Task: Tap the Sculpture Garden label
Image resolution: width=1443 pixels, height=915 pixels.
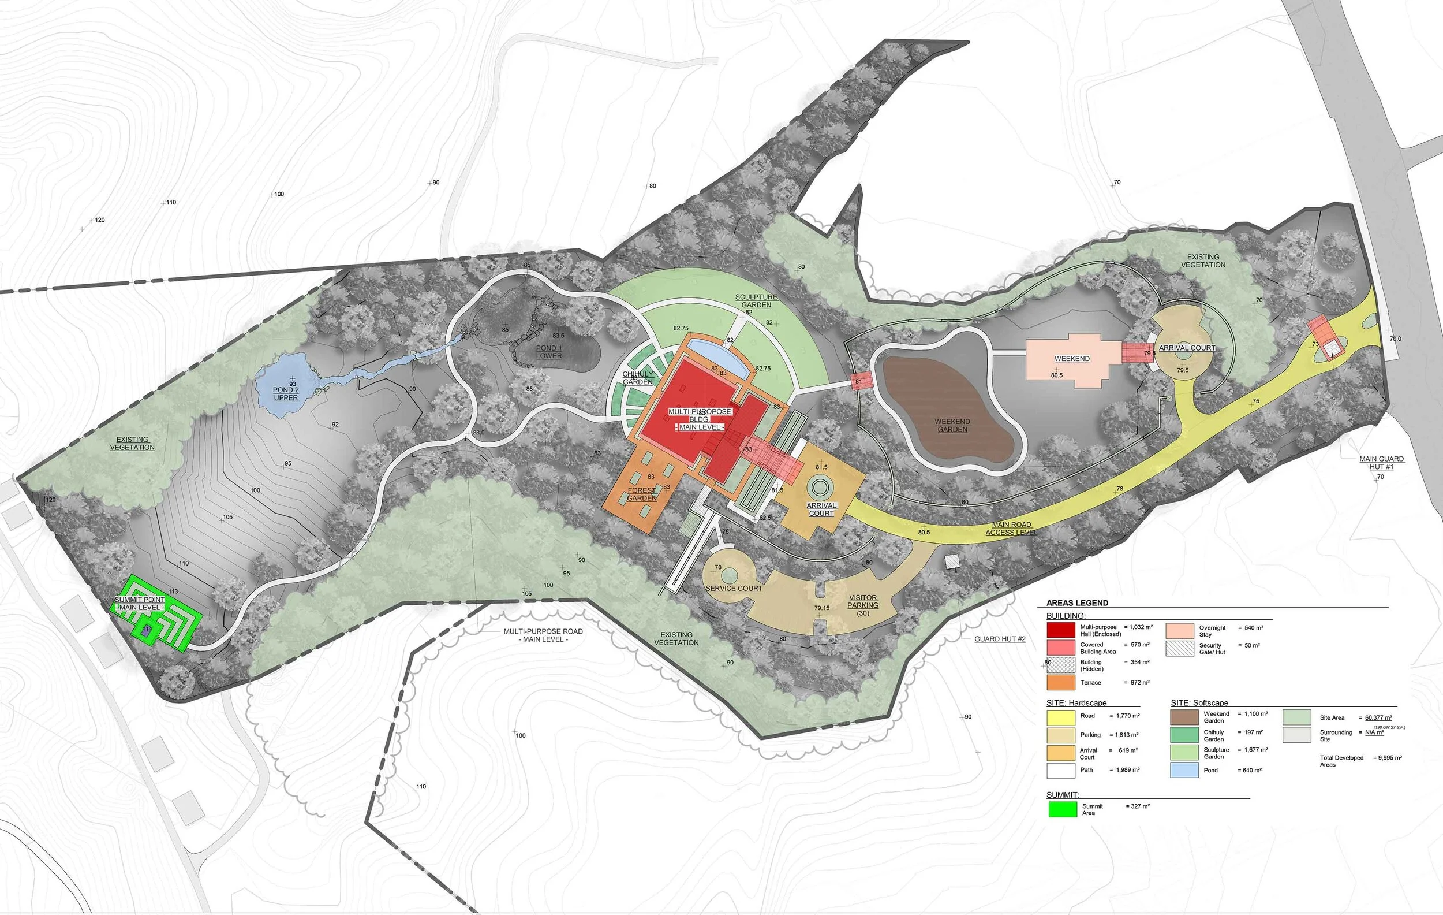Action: tap(756, 301)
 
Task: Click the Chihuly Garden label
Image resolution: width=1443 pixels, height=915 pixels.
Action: tap(638, 378)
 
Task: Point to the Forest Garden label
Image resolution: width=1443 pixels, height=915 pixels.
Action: tap(642, 494)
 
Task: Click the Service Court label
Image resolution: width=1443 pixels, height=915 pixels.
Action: tap(734, 588)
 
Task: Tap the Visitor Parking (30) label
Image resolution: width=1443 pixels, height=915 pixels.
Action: tap(863, 605)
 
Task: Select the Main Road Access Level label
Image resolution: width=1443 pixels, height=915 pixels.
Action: tap(1011, 528)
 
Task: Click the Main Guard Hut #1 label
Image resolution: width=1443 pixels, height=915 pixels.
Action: tap(1382, 462)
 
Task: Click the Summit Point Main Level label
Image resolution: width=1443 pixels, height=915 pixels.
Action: tap(140, 603)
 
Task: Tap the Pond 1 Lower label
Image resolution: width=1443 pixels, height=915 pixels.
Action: tap(549, 352)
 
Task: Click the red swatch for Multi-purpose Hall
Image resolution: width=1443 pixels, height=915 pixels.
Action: tap(1060, 630)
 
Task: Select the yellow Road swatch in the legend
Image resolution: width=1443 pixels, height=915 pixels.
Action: tap(1061, 717)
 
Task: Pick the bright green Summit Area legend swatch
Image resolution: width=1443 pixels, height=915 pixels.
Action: tap(1063, 809)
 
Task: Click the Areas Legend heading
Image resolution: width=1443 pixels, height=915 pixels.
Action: tap(1077, 602)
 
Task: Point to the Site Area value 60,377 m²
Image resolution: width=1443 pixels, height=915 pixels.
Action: tap(1378, 717)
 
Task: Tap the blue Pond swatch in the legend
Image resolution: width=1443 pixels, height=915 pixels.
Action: tap(1184, 770)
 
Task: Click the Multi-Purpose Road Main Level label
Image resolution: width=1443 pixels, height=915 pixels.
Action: tap(543, 635)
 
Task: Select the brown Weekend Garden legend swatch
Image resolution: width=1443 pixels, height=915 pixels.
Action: tap(1184, 717)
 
